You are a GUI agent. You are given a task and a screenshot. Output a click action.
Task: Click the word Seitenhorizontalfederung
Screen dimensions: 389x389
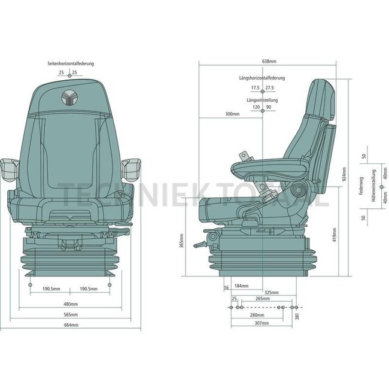71,63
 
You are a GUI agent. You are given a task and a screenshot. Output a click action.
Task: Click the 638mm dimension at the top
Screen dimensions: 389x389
269,62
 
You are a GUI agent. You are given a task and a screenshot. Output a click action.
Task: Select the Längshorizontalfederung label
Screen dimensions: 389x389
262,78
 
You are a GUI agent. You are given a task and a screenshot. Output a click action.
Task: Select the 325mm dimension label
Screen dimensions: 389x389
272,292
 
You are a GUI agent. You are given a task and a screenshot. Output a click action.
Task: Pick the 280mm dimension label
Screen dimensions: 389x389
257,315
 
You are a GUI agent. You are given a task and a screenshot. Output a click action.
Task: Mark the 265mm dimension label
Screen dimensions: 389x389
262,297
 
